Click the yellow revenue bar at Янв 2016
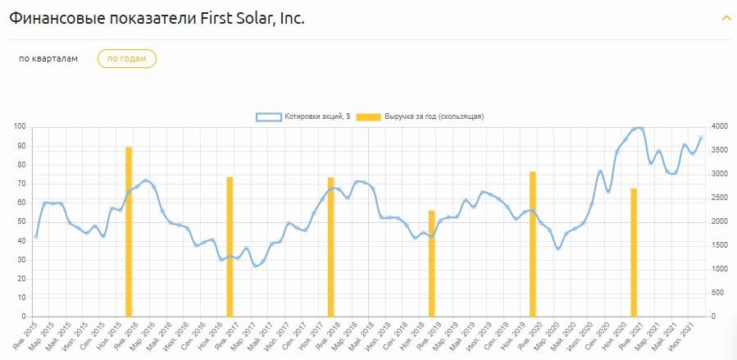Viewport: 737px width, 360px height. click(x=129, y=231)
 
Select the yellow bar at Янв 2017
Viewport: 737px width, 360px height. click(x=230, y=246)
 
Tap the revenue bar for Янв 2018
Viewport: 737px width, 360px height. click(x=331, y=246)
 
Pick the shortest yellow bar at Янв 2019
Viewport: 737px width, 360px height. click(x=432, y=263)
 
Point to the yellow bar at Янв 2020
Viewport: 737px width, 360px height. click(x=533, y=244)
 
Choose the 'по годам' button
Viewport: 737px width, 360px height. click(x=127, y=59)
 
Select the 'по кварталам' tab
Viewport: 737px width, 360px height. click(x=48, y=59)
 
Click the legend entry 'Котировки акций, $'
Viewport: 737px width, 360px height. click(x=303, y=116)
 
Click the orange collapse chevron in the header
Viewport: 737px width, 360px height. click(x=726, y=18)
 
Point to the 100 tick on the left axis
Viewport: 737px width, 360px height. click(x=20, y=126)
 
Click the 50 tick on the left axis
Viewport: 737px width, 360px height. click(x=22, y=221)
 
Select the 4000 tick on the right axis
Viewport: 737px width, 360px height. click(x=720, y=126)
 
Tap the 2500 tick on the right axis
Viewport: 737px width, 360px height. click(x=720, y=198)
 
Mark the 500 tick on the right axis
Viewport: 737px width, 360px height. click(x=718, y=293)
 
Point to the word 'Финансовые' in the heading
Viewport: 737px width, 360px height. click(x=52, y=18)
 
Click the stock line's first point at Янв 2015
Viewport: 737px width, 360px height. click(x=36, y=236)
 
